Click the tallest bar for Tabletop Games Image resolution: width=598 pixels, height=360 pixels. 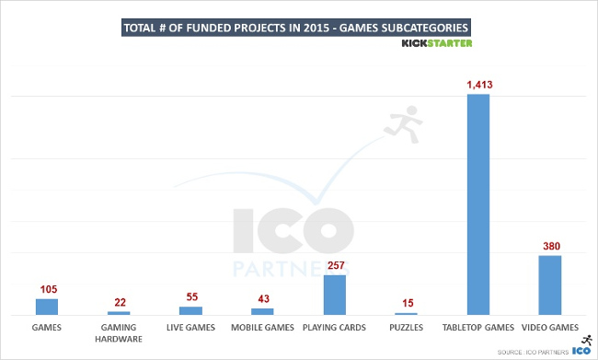point(478,204)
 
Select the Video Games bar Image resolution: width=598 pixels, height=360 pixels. point(550,285)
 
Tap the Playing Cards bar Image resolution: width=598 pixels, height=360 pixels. point(335,295)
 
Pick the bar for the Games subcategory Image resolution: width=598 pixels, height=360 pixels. point(47,307)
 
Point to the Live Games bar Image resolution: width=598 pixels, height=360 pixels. point(190,310)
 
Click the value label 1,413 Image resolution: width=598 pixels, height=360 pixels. point(478,85)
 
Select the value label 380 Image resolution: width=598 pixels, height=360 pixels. point(550,246)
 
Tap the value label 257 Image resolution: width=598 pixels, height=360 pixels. point(335,265)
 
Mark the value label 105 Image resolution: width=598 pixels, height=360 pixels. point(47,289)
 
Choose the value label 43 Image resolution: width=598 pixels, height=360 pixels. point(262,299)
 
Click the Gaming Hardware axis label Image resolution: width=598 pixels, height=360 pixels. point(119,332)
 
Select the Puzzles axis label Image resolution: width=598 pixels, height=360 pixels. point(407,327)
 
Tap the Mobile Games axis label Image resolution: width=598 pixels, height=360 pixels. point(262,327)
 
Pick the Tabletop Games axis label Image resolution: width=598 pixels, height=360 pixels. point(478,327)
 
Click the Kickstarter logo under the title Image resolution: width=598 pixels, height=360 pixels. point(438,41)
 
